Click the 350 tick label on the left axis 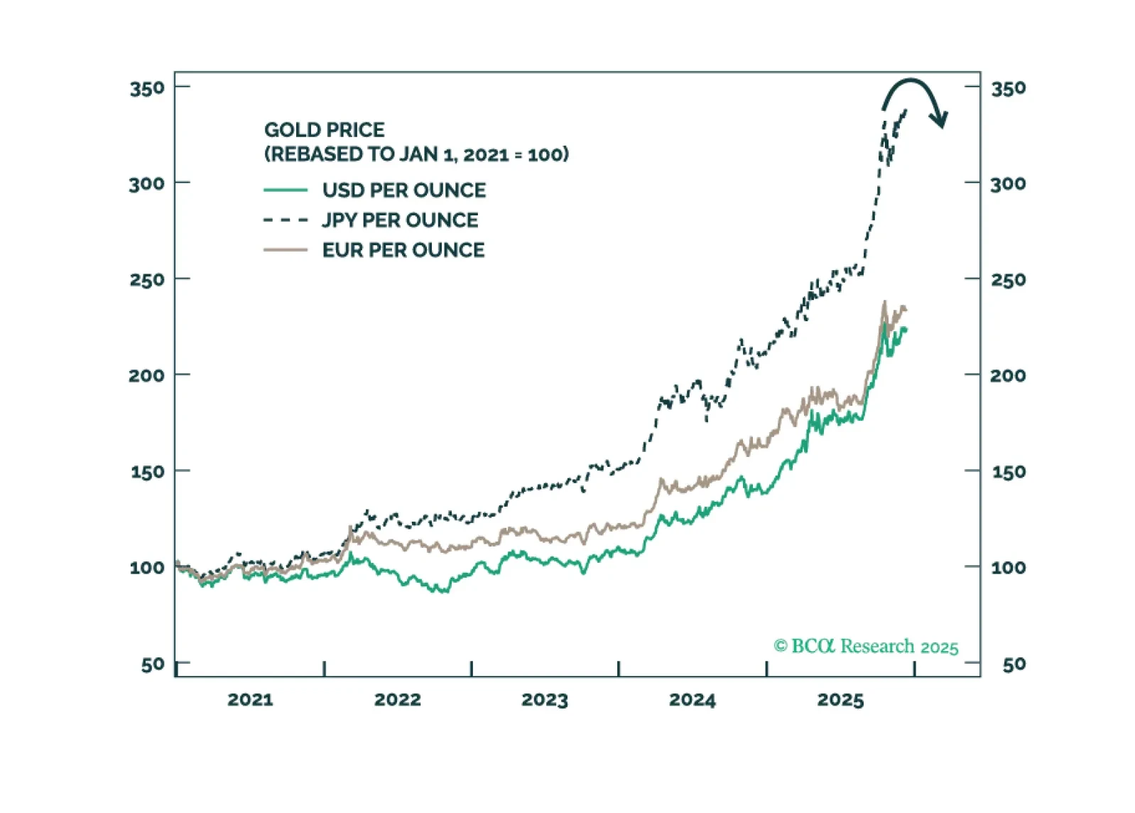pos(147,88)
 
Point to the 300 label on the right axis pos(1008,183)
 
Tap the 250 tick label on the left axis pos(147,279)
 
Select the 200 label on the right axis pos(1008,375)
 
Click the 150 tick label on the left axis pos(147,471)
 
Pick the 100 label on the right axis pos(1008,567)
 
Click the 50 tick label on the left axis pos(153,664)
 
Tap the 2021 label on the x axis pos(250,699)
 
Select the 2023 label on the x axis pos(545,699)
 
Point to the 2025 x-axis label pos(840,699)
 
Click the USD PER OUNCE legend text pos(404,190)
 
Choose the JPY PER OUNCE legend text pos(400,220)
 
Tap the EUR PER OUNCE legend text pos(403,249)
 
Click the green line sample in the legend pos(286,190)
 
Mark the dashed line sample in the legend pos(286,220)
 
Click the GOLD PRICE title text pos(325,129)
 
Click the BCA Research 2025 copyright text pos(866,646)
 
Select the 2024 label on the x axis pos(693,699)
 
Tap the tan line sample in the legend pos(286,249)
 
